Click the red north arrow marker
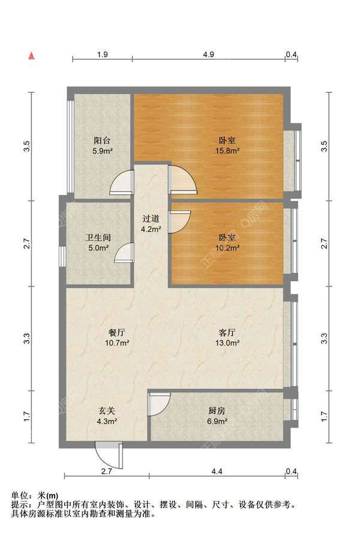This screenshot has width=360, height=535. click(x=31, y=56)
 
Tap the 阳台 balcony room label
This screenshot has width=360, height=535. click(x=102, y=140)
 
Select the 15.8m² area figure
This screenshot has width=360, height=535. click(x=227, y=151)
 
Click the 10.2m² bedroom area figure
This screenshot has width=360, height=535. click(x=227, y=248)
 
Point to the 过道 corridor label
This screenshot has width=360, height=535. click(x=151, y=218)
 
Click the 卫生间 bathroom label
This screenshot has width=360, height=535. click(x=98, y=238)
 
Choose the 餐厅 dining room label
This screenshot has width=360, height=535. click(x=117, y=332)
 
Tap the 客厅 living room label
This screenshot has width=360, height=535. click(x=227, y=332)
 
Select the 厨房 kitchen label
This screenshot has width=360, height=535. click(x=217, y=411)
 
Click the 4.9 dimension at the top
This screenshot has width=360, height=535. click(x=208, y=55)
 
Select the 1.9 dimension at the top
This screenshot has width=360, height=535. click(x=103, y=55)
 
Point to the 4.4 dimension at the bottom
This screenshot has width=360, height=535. click(x=217, y=471)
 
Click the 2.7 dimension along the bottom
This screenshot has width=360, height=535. click(x=106, y=471)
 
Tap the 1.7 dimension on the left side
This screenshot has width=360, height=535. click(x=27, y=417)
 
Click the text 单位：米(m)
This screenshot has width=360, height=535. click(x=34, y=495)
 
